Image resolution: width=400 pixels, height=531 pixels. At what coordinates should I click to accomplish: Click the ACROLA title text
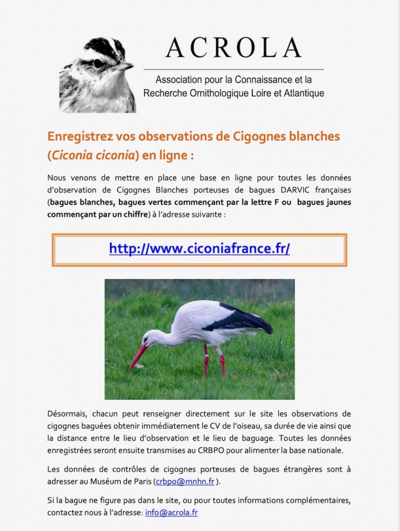pyautogui.click(x=234, y=48)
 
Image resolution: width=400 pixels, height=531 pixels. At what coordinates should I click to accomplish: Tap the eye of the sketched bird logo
pyautogui.click(x=98, y=63)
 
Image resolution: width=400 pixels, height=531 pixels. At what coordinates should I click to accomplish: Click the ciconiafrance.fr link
pyautogui.click(x=199, y=249)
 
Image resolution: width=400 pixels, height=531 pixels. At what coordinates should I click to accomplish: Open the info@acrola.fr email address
pyautogui.click(x=171, y=513)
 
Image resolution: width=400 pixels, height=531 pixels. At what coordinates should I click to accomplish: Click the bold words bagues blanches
pyautogui.click(x=80, y=202)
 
